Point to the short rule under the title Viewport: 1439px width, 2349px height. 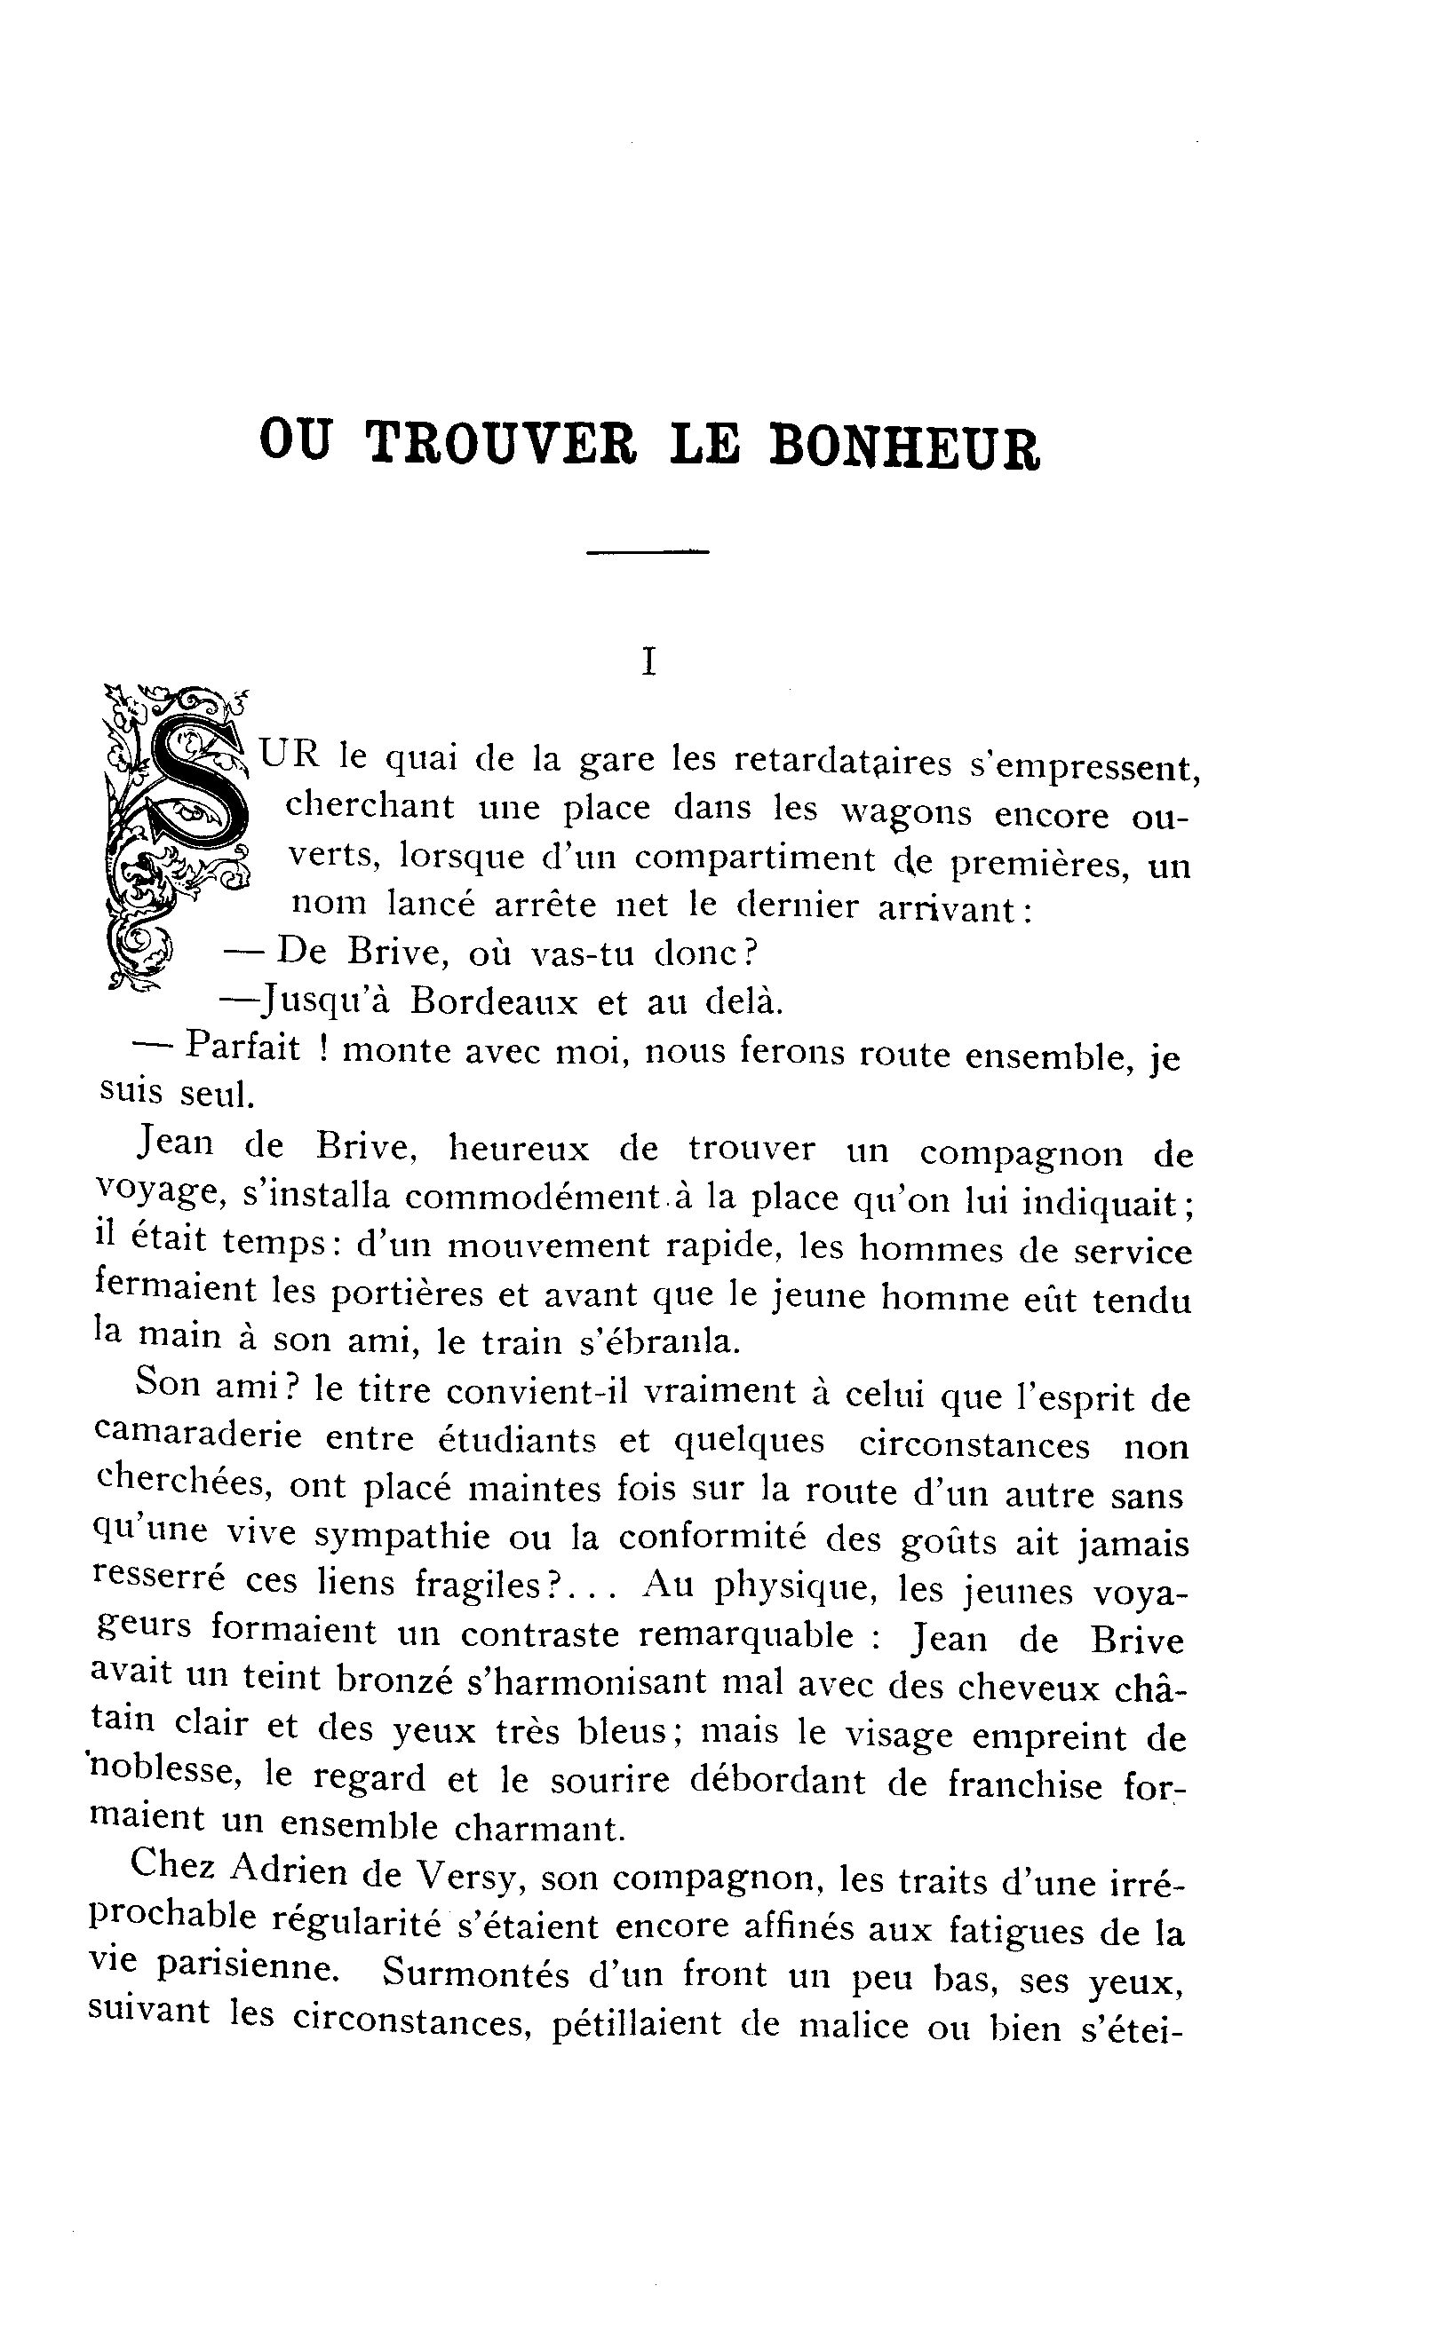[x=648, y=551]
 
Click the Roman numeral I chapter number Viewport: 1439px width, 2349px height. [x=649, y=661]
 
